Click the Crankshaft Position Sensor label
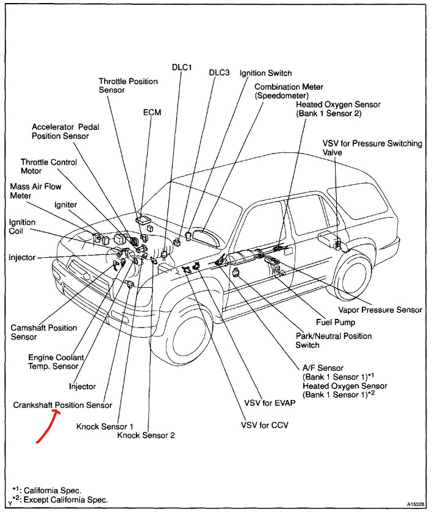tap(63, 405)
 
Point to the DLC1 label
tap(182, 68)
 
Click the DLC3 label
tap(219, 72)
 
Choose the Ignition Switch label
tap(265, 73)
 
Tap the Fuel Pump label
tap(335, 322)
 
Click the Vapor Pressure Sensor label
tap(381, 310)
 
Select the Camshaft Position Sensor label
tap(44, 332)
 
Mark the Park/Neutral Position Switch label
tap(333, 340)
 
